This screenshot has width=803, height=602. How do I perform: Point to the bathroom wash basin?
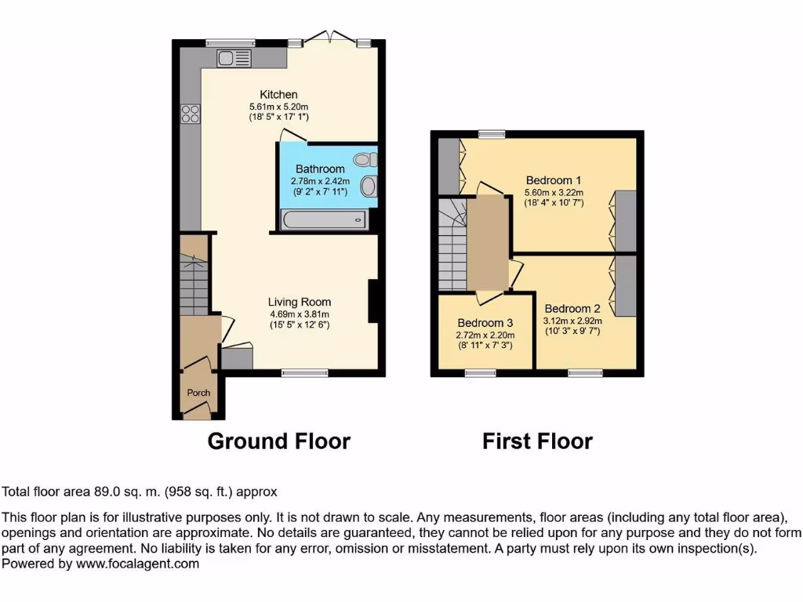pos(368,187)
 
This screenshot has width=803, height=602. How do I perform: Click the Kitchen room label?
pos(278,95)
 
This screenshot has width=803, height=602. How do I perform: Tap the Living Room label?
pos(299,302)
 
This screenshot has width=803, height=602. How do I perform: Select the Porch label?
pos(198,393)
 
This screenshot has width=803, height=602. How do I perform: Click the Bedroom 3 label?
pos(485,323)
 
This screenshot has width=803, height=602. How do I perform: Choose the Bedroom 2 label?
pos(572,308)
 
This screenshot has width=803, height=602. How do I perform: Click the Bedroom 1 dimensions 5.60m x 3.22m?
pos(554,193)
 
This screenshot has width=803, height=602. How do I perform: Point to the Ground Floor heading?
pos(278,441)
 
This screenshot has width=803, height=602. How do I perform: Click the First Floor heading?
pos(537,441)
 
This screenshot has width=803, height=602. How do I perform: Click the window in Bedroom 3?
pos(480,373)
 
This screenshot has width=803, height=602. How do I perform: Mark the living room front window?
pos(304,373)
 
